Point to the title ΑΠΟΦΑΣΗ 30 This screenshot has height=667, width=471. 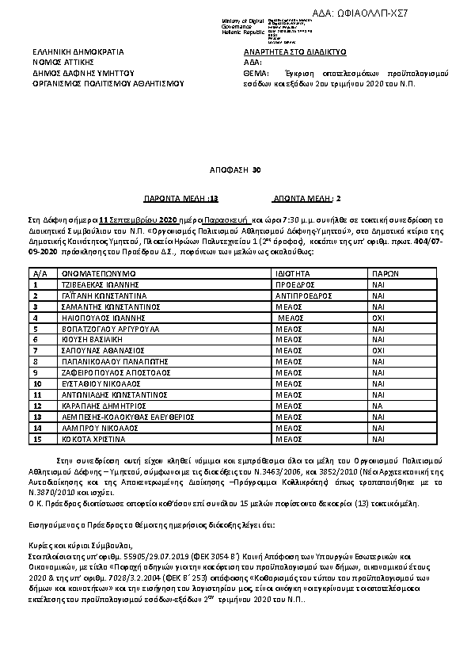(x=234, y=170)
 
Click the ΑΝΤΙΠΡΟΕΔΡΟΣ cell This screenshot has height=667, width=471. (x=299, y=293)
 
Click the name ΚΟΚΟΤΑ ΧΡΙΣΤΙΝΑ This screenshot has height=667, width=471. (x=93, y=437)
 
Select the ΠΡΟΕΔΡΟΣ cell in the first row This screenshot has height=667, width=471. (x=294, y=282)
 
